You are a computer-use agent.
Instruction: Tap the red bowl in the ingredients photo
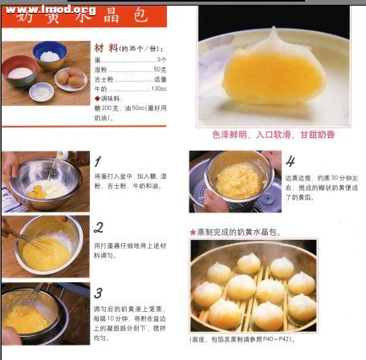[20, 75]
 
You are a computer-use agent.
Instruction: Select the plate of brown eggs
[71, 78]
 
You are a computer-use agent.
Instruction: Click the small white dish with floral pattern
[41, 91]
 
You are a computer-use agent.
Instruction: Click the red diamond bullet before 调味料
[97, 98]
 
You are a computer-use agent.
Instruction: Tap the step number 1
[98, 160]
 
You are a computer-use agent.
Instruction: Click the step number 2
[98, 227]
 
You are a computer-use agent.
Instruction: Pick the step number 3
[98, 293]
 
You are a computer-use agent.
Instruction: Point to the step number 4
[290, 160]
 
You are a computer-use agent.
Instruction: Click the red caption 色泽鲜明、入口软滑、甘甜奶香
[273, 135]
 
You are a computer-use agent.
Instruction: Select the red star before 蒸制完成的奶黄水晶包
[193, 233]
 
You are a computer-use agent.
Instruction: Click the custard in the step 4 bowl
[238, 180]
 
